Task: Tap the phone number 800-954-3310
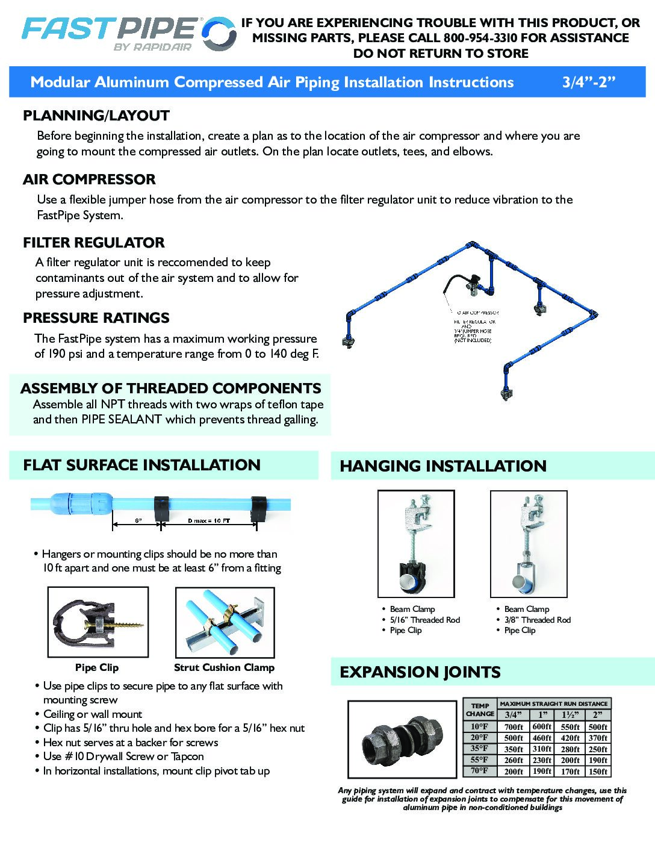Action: point(480,38)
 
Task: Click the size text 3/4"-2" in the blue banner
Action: point(588,83)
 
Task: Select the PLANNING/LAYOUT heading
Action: point(96,116)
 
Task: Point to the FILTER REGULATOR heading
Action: point(93,243)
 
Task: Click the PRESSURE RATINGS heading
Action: point(96,318)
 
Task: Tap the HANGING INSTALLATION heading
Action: point(443,466)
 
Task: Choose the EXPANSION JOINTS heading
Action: point(420,672)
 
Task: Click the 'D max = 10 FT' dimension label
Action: point(209,520)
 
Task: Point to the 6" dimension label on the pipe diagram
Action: point(138,520)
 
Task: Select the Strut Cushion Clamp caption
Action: point(224,667)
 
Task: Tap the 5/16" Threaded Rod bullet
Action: point(424,620)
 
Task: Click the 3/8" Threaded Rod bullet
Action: point(537,620)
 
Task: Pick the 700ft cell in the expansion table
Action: point(514,727)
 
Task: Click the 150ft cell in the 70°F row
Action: point(598,772)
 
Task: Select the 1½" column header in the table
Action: point(570,715)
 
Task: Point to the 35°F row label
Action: point(479,749)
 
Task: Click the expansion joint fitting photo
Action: point(402,740)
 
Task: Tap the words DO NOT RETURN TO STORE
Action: point(441,54)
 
